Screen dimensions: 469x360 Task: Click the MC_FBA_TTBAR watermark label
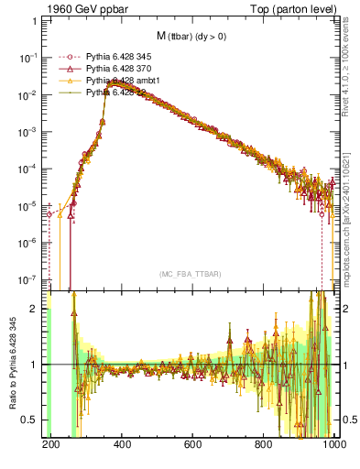coord(191,274)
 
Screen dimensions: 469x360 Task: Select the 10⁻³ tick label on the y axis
coord(29,131)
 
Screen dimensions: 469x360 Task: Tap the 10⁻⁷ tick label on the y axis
coord(29,278)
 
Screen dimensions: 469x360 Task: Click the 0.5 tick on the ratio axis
coord(32,420)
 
